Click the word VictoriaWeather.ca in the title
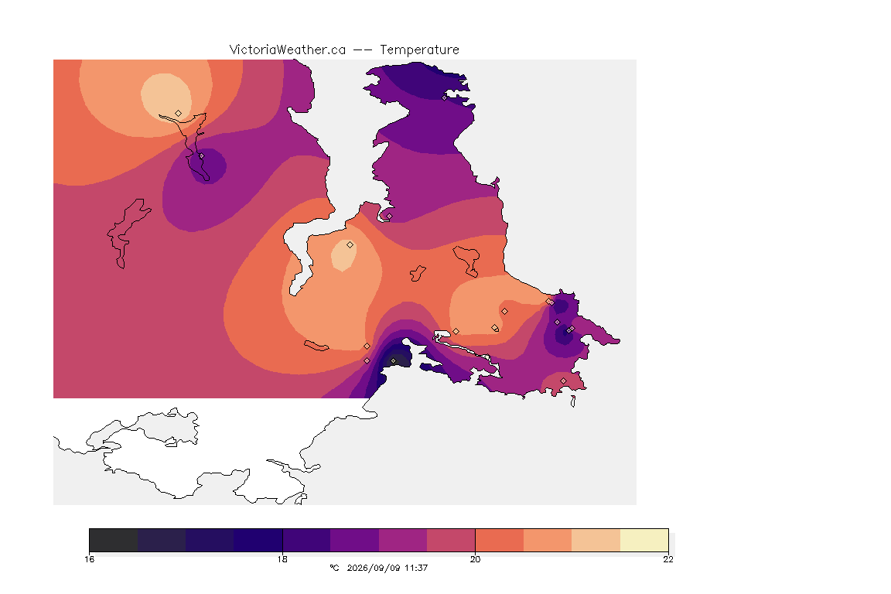[x=288, y=50]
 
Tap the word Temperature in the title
[x=419, y=50]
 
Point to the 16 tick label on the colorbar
[x=89, y=559]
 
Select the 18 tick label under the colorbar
[x=282, y=559]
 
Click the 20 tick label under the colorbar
[x=475, y=559]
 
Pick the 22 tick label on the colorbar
[x=668, y=559]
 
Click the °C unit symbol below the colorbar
[x=334, y=568]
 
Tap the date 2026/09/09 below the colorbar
[x=374, y=568]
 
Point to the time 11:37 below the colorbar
[x=416, y=568]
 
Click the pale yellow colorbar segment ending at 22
[x=644, y=540]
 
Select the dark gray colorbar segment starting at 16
[x=114, y=540]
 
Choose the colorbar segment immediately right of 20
[x=500, y=540]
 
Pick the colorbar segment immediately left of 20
[x=451, y=540]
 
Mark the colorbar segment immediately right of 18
[x=306, y=540]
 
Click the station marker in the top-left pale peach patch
[x=179, y=113]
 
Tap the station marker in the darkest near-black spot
[x=393, y=361]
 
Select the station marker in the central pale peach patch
[x=350, y=245]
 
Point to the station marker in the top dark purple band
[x=445, y=97]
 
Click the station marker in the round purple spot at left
[x=201, y=155]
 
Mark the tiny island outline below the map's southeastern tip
[x=573, y=401]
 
